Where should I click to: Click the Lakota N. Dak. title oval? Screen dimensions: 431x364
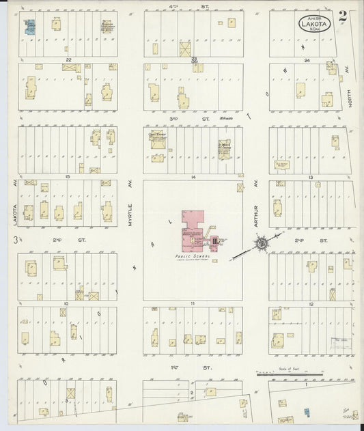pos(311,24)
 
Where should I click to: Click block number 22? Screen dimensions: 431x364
pos(68,60)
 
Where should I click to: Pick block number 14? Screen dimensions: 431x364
pos(193,177)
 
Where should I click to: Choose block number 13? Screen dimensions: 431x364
pos(310,177)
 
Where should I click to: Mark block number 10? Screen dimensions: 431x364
pos(67,303)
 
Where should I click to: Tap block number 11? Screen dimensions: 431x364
pos(193,303)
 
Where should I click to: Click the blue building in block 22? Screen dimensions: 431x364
pos(30,27)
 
